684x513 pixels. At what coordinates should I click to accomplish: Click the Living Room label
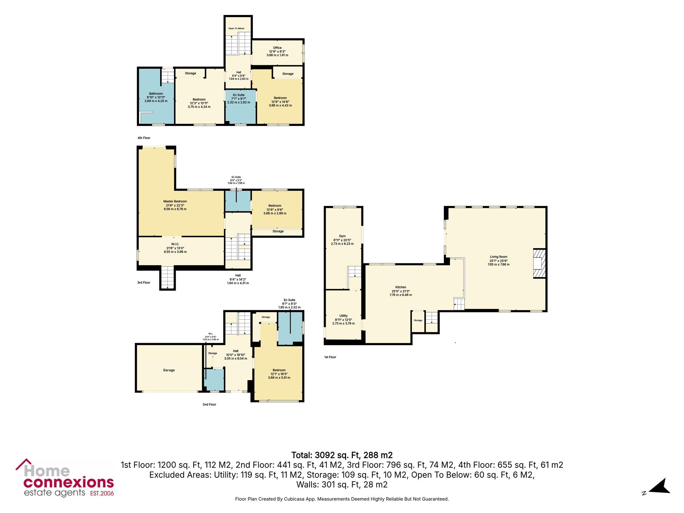(x=498, y=257)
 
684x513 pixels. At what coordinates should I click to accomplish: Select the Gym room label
(x=342, y=236)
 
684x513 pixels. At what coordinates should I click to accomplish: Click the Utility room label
(x=343, y=316)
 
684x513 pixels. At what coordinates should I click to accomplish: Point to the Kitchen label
(x=401, y=287)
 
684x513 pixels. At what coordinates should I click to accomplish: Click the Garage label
(x=169, y=370)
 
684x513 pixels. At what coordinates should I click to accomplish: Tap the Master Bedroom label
(x=175, y=201)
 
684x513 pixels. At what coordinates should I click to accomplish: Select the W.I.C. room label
(x=175, y=244)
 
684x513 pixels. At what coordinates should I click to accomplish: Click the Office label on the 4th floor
(x=277, y=48)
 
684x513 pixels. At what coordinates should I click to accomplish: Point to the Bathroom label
(x=156, y=94)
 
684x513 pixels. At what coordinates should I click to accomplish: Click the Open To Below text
(x=236, y=28)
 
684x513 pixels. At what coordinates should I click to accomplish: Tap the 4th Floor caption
(x=144, y=138)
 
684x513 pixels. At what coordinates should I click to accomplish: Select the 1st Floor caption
(x=330, y=357)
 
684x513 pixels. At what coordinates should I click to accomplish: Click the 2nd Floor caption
(x=209, y=404)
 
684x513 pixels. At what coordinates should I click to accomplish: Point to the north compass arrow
(x=660, y=486)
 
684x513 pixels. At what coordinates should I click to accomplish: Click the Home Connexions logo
(x=65, y=478)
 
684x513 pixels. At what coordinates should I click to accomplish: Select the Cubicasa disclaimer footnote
(x=342, y=499)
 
